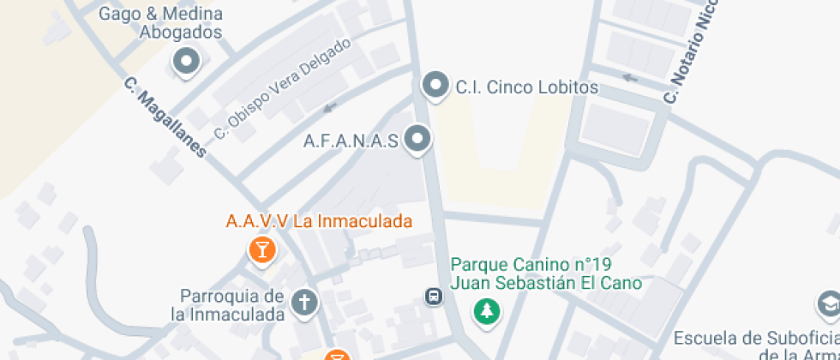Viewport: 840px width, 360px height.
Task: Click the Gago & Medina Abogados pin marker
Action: (186, 62)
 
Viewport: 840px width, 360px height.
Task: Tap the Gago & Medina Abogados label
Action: (161, 23)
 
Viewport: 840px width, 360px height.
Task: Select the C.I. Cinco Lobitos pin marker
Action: (436, 86)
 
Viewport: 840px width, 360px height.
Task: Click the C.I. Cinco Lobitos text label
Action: (526, 87)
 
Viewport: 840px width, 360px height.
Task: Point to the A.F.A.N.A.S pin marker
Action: (417, 140)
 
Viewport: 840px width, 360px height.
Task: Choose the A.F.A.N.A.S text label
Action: (351, 141)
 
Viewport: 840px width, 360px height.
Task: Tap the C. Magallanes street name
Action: (165, 118)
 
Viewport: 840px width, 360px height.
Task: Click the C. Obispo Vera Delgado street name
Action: (282, 89)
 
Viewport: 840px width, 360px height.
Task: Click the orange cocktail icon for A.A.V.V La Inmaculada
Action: (261, 250)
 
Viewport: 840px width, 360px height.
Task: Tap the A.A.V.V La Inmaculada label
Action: (319, 221)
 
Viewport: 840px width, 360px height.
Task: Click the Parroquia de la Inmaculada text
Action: (231, 305)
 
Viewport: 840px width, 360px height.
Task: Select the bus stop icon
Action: (434, 297)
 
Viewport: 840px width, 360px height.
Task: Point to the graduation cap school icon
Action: (828, 303)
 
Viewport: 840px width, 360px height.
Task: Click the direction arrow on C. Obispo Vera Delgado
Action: (330, 107)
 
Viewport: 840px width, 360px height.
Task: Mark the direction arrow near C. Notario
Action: (630, 78)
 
